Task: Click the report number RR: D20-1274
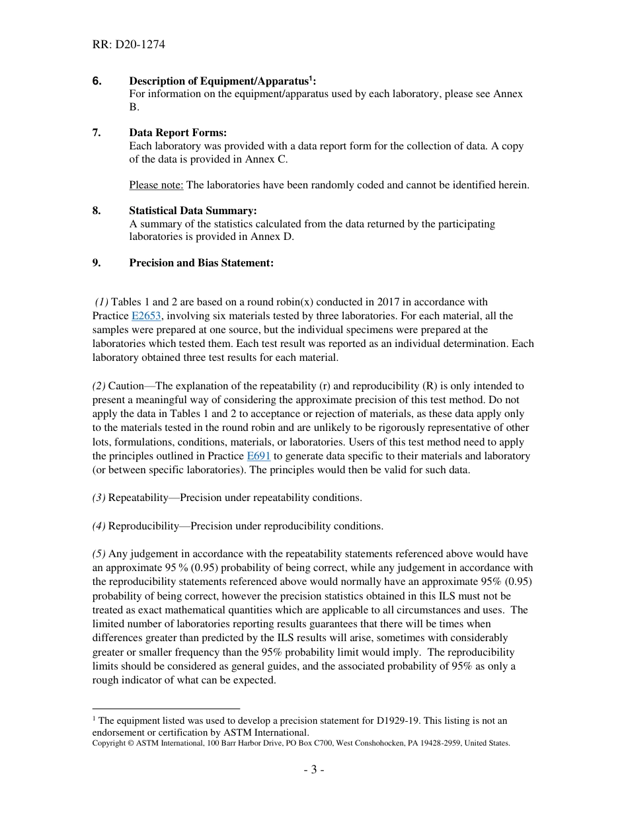128,45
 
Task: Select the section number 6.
97,81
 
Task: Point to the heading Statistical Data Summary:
192,211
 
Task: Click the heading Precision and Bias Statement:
201,263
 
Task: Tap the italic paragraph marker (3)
98,498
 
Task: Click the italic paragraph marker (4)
98,526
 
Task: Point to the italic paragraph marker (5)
98,554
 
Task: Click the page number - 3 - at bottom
313,770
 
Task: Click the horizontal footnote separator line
166,708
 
